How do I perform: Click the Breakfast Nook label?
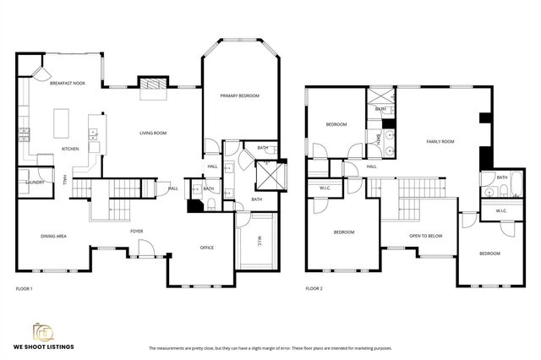coord(68,84)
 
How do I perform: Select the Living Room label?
coord(153,133)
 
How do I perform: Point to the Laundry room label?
coord(35,182)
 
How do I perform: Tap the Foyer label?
coord(136,230)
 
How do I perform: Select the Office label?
coord(206,248)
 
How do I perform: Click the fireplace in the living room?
coord(151,84)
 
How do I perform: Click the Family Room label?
coord(440,142)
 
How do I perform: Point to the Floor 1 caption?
coord(25,289)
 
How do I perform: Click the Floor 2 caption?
coord(314,289)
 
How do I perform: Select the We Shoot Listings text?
coord(49,347)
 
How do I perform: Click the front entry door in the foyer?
coord(145,250)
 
